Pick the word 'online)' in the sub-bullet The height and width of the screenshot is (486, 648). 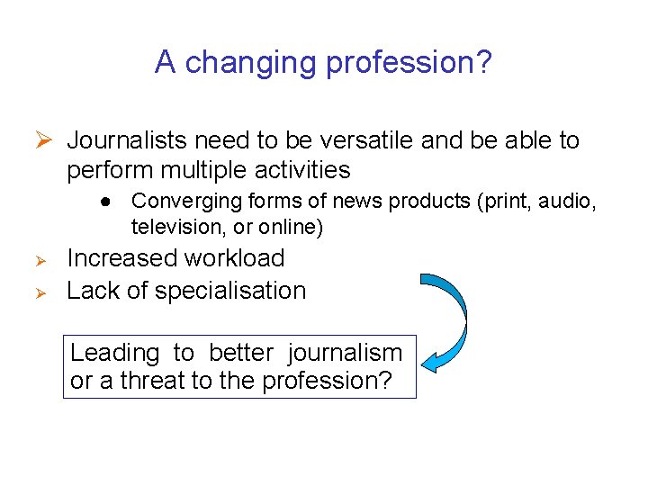[x=290, y=227]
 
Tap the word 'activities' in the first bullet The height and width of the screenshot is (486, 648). [x=306, y=169]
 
